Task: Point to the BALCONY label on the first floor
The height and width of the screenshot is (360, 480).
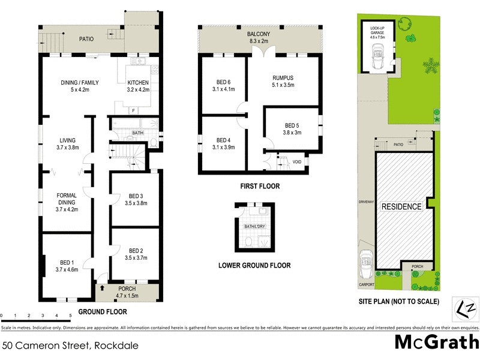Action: (260, 34)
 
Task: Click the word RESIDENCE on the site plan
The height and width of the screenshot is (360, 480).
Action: (401, 206)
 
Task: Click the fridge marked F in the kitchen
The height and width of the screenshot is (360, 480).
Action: (132, 110)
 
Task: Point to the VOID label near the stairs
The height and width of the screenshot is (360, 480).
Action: (296, 162)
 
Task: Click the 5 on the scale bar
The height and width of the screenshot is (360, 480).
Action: (70, 315)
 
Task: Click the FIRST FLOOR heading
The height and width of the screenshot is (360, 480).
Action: (259, 187)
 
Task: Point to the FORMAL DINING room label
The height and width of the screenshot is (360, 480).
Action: (65, 199)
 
